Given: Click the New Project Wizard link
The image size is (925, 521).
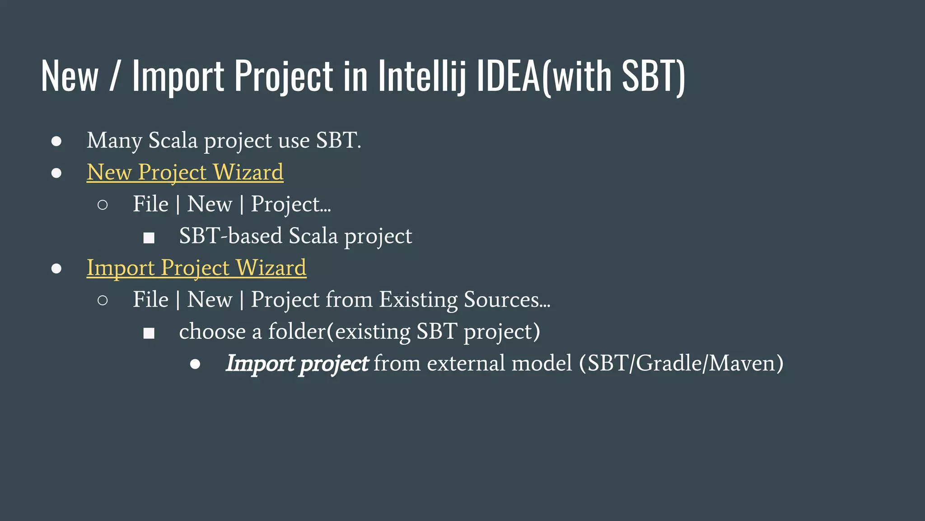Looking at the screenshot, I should pos(185,172).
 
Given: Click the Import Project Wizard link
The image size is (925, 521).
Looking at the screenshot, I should pos(196,268).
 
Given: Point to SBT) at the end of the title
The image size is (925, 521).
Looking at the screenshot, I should pos(653,76).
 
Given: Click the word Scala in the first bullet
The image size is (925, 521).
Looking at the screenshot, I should pos(173,140).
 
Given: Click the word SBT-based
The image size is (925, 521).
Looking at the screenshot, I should pos(230,236).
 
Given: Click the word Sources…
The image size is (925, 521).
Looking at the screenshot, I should pos(507,299).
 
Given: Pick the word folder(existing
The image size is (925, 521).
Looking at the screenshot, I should pos(339,332).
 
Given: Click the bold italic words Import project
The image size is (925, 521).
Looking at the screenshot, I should pos(297,364).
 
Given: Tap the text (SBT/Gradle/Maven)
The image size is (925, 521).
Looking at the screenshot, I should pos(681,364).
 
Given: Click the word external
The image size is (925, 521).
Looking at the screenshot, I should pos(466,364).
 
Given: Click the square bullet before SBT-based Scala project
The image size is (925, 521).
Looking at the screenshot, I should pos(149,238).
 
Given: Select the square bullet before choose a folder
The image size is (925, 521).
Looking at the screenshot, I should pos(149,334).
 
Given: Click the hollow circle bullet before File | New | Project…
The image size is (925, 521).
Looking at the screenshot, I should pos(103,205).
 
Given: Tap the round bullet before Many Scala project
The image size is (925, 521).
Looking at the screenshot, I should pos(56,141).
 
